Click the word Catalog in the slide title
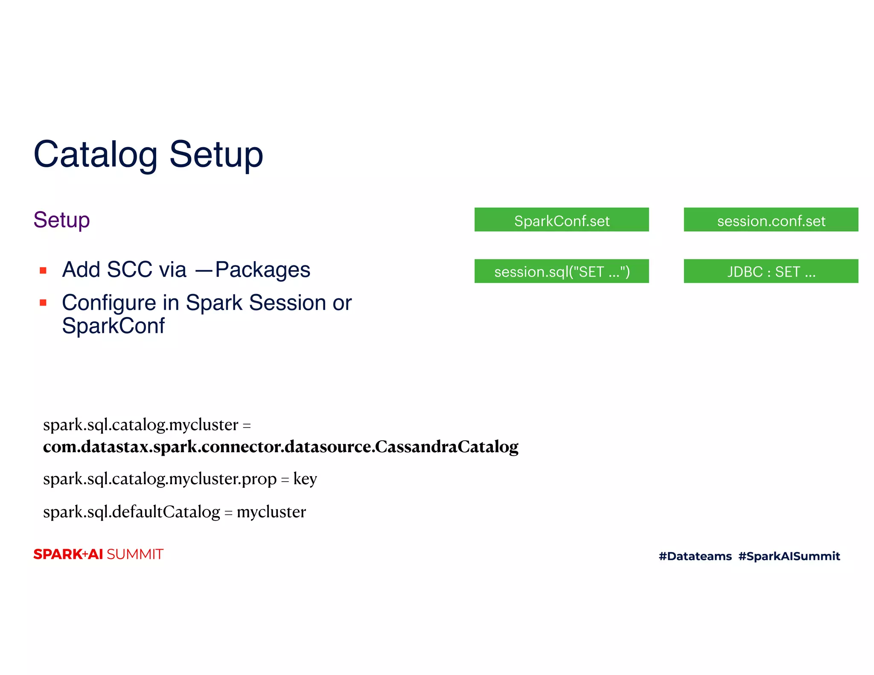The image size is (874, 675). pyautogui.click(x=96, y=154)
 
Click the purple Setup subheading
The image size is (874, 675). pyautogui.click(x=61, y=220)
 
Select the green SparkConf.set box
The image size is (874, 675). pyautogui.click(x=561, y=220)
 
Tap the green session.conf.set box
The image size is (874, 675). pyautogui.click(x=770, y=220)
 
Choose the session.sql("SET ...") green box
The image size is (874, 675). pyautogui.click(x=561, y=271)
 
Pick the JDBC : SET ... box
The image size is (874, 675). pyautogui.click(x=770, y=271)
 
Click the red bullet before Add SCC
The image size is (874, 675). pyautogui.click(x=43, y=271)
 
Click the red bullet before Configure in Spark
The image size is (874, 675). pyautogui.click(x=43, y=303)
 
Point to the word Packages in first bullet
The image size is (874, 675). pyautogui.click(x=262, y=270)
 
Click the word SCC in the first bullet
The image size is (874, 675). pyautogui.click(x=129, y=270)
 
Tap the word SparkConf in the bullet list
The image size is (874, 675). pyautogui.click(x=113, y=326)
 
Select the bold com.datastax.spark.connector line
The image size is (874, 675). pyautogui.click(x=280, y=447)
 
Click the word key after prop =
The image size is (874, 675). pyautogui.click(x=305, y=479)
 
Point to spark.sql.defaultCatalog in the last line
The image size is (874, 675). pyautogui.click(x=131, y=512)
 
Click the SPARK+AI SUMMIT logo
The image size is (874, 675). pyautogui.click(x=98, y=554)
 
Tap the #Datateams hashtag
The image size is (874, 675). pyautogui.click(x=695, y=556)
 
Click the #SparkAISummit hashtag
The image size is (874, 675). pyautogui.click(x=789, y=556)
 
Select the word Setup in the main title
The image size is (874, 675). pyautogui.click(x=216, y=154)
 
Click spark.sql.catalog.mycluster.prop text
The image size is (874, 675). pyautogui.click(x=160, y=479)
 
